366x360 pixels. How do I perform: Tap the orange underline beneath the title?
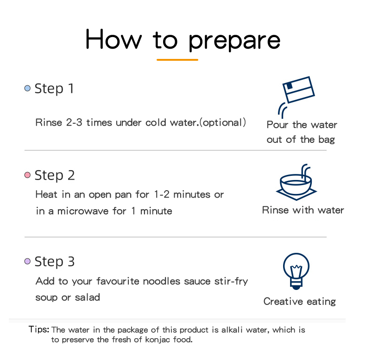point(177,60)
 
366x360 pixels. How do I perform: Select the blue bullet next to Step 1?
point(27,88)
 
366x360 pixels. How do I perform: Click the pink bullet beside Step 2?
point(27,175)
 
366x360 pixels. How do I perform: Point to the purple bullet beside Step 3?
point(27,261)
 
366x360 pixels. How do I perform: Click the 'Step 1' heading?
point(54,89)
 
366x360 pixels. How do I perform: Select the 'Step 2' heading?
point(55,175)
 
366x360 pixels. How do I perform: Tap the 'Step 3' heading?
point(55,262)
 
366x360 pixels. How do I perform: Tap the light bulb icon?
point(296,271)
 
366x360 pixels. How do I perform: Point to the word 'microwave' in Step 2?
point(83,211)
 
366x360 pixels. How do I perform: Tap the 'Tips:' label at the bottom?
point(39,329)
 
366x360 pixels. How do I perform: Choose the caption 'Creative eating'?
point(300,302)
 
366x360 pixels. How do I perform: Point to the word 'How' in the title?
point(114,39)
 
